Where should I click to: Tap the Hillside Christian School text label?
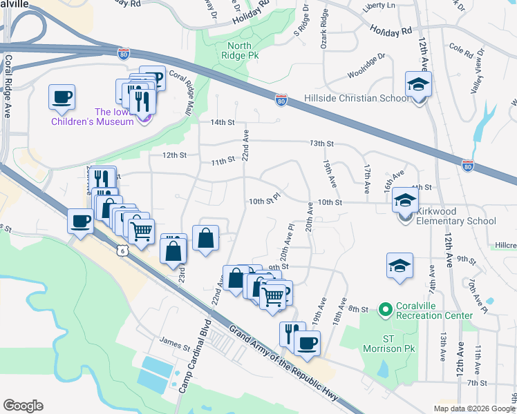357,99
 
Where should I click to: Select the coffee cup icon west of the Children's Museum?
62,97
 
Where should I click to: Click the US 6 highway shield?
123,252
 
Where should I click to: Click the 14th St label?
223,122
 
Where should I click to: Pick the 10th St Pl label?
264,200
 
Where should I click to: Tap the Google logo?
23,406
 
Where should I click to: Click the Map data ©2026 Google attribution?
474,408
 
